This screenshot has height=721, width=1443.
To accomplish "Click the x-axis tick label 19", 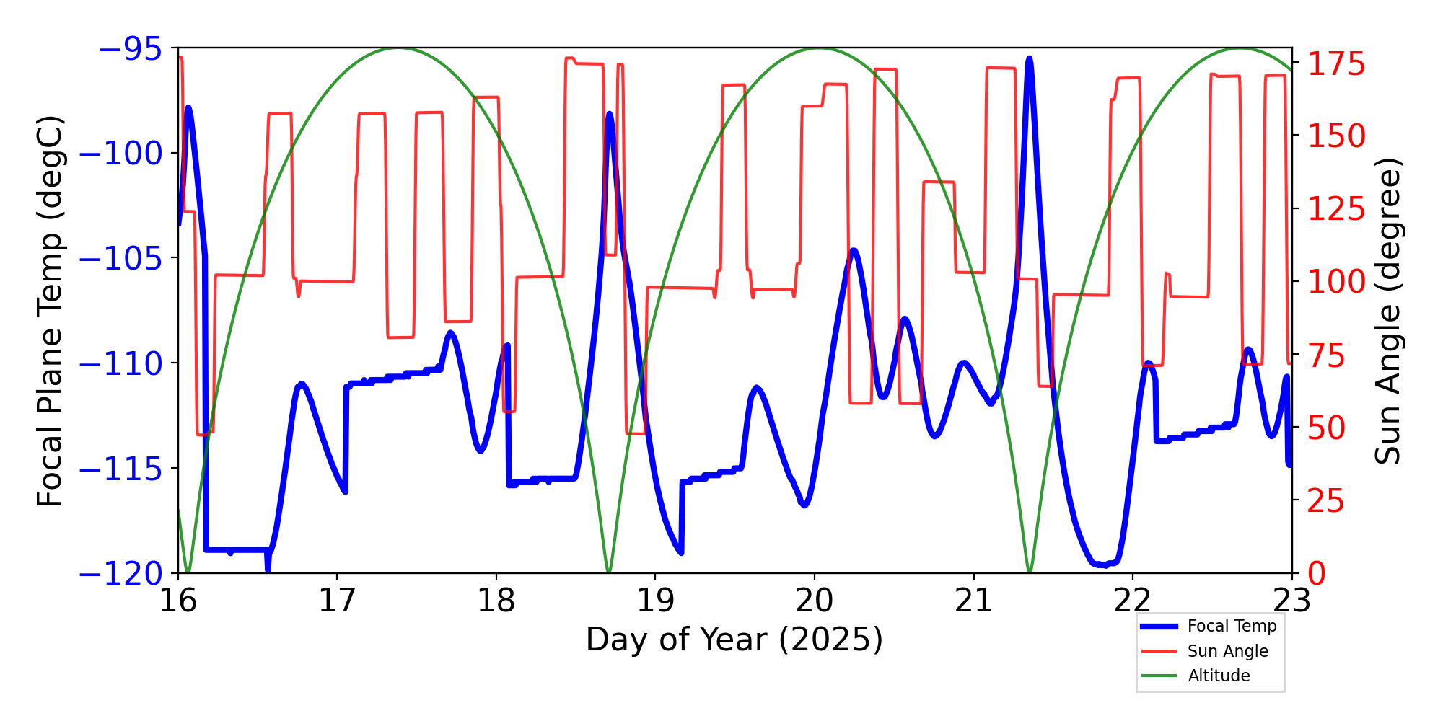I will point(655,601).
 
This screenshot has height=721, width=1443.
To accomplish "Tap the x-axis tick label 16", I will point(177,601).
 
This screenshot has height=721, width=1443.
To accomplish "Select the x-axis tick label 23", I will point(1291,601).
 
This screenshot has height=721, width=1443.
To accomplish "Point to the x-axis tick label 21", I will point(973,601).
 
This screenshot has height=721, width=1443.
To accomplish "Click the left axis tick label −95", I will point(130,49).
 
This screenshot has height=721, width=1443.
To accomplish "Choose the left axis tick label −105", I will point(120,259).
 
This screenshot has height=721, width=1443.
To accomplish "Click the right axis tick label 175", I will point(1337,65).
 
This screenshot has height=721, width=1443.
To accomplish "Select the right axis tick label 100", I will point(1337,282).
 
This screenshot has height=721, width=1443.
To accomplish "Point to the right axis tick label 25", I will point(1327,501).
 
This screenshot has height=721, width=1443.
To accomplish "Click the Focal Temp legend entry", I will point(1232,626).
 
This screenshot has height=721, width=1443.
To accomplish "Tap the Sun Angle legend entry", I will point(1227,651).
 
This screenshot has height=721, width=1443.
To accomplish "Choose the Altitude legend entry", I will point(1219,676).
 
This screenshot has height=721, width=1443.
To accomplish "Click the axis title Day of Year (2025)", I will point(734,640).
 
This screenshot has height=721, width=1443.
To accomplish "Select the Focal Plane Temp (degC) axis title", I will point(51,311).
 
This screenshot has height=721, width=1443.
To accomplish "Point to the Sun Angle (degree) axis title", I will point(1387,311).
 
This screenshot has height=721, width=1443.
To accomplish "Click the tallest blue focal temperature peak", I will point(1029,59).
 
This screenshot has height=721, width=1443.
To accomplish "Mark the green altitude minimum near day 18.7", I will point(609,571).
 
